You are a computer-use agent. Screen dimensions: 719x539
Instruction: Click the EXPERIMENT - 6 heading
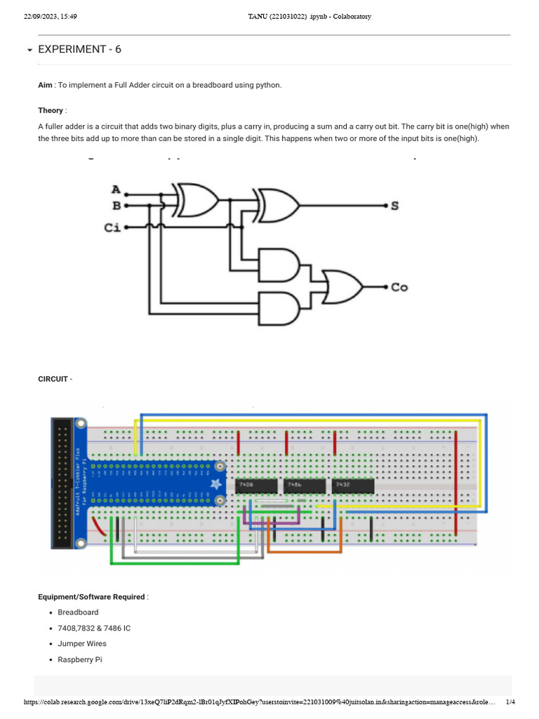coord(79,49)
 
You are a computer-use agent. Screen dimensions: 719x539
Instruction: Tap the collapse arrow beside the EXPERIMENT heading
coord(29,51)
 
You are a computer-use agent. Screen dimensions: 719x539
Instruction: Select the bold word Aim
coord(45,85)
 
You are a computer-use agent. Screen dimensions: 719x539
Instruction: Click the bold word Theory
coord(50,110)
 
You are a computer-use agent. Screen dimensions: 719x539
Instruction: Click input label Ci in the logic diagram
coord(112,227)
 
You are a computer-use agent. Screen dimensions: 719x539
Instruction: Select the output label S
coord(394,206)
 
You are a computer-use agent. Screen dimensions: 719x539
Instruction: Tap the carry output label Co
coord(399,287)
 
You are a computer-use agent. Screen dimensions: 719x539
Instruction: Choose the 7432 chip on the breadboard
coord(353,486)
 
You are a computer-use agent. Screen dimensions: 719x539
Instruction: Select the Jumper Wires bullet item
coord(81,644)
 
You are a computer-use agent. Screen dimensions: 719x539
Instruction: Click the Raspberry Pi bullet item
coord(80,659)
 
